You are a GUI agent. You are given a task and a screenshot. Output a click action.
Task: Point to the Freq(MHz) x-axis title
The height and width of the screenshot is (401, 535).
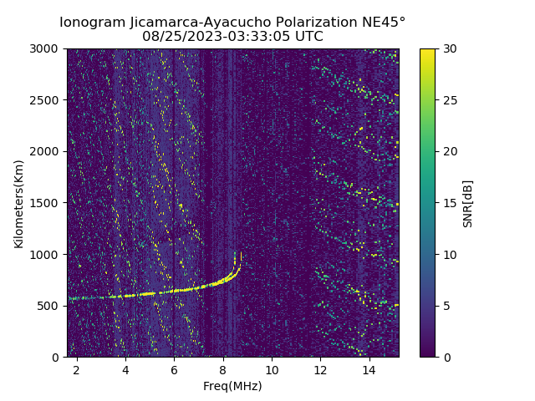[x=232, y=386]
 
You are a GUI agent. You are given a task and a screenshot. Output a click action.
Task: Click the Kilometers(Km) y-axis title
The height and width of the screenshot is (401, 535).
[x=18, y=203]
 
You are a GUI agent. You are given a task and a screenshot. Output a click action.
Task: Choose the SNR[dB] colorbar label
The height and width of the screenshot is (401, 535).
[x=468, y=203]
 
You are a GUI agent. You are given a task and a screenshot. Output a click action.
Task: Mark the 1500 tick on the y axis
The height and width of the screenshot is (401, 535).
[x=48, y=203]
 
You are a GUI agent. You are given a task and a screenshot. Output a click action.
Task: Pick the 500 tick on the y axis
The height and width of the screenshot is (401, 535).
[x=52, y=306]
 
